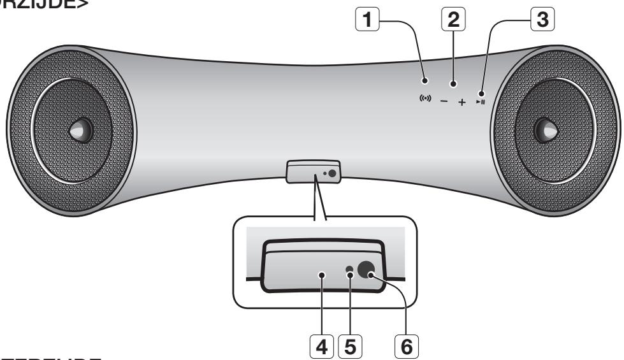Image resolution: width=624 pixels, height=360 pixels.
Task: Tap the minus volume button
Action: click(444, 102)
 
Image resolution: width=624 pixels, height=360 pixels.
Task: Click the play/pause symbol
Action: click(480, 101)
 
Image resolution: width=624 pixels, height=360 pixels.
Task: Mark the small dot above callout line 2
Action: click(453, 83)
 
